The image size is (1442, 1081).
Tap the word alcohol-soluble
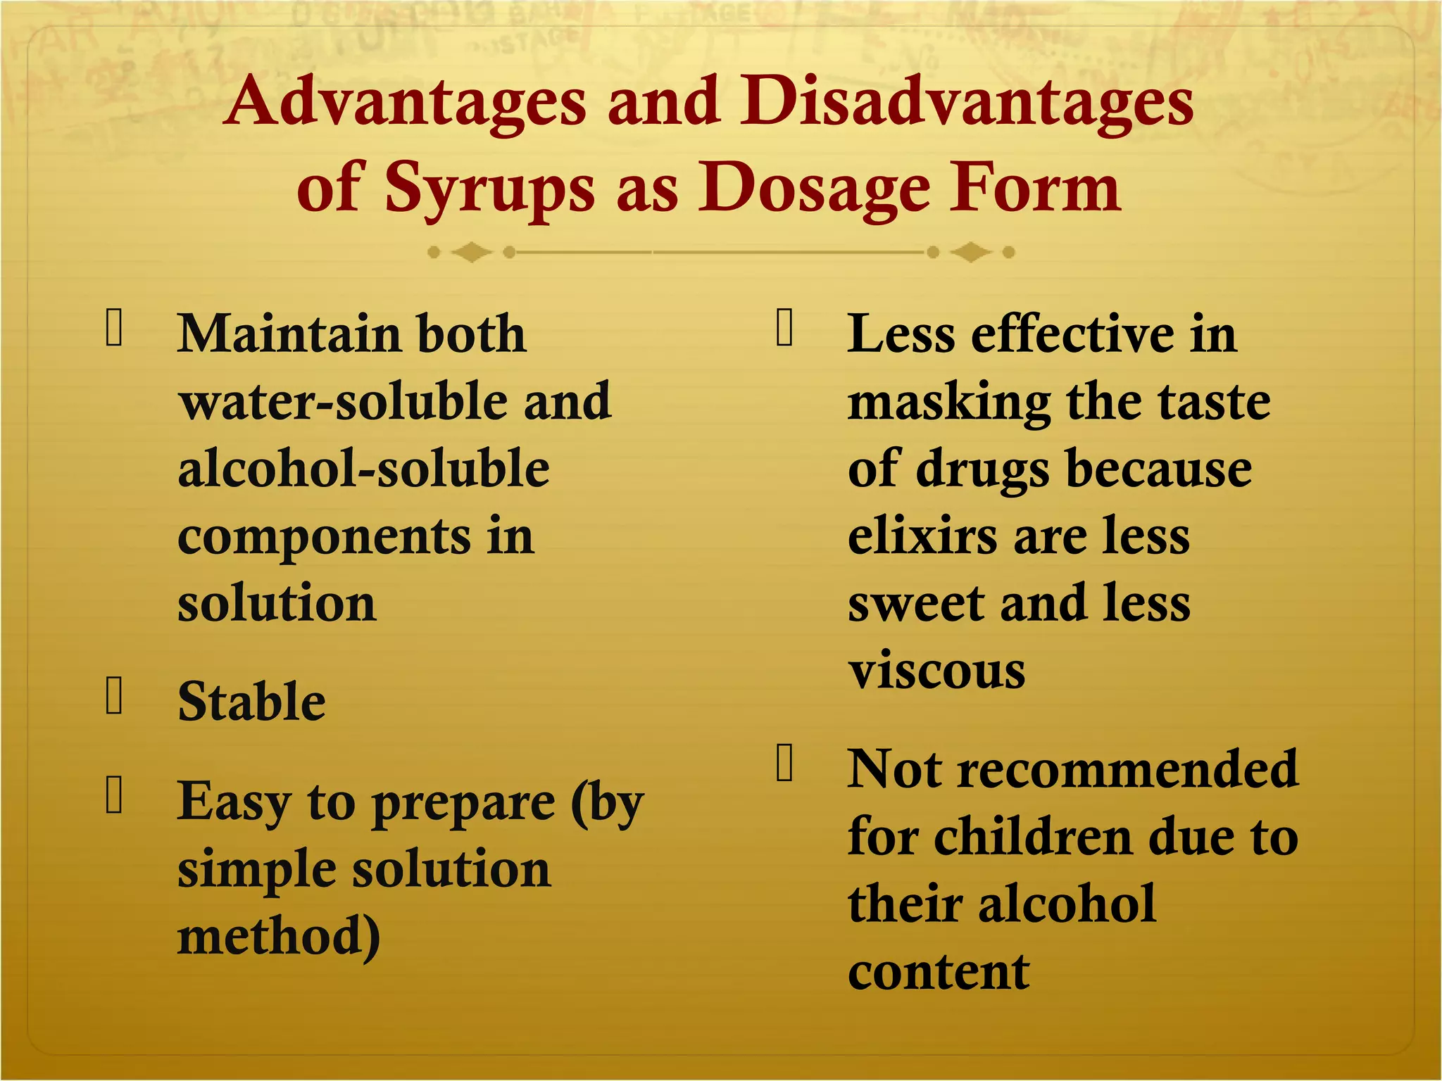pos(363,469)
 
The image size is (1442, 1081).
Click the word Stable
pos(251,702)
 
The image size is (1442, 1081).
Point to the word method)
pos(279,938)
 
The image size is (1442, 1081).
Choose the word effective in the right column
pos(1072,334)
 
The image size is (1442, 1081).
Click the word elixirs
pos(922,536)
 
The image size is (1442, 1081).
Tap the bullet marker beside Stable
pos(114,695)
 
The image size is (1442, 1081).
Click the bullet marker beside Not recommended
pos(784,763)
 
